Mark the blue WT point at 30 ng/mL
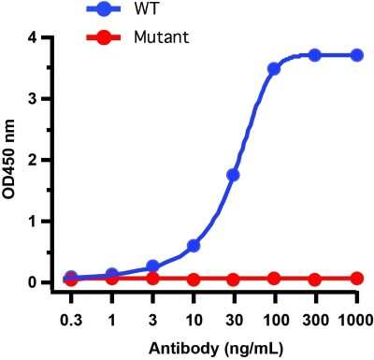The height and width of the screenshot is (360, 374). pos(233,175)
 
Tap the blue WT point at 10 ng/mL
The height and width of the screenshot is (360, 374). pos(194,246)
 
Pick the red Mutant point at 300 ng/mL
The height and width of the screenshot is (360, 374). pos(315,279)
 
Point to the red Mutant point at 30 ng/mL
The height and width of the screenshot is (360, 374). pos(233,279)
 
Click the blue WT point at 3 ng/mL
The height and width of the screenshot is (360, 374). pos(152,266)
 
